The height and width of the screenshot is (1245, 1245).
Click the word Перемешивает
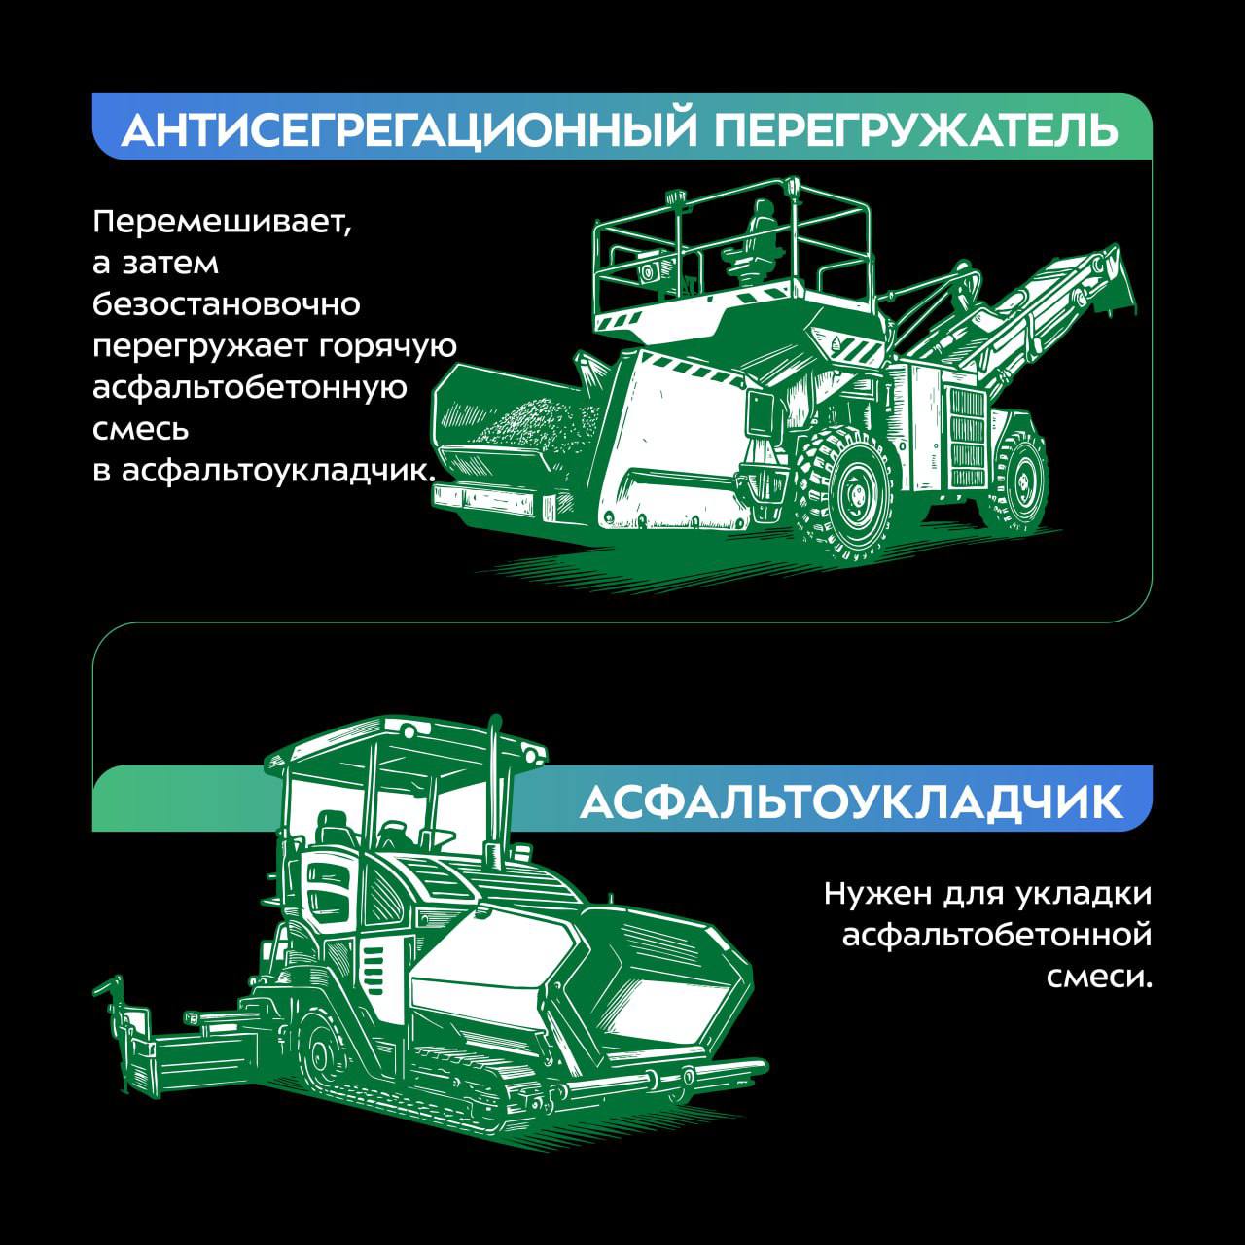pyautogui.click(x=220, y=222)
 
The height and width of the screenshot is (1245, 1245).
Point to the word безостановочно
pyautogui.click(x=227, y=304)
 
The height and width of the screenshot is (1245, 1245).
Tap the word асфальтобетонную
pyautogui.click(x=249, y=387)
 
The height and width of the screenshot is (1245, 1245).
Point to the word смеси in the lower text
pyautogui.click(x=1097, y=977)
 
